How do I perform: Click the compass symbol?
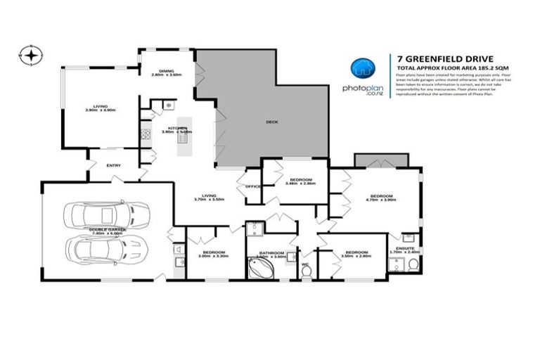pos(32,53)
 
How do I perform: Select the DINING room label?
pos(166,72)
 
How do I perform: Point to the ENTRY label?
pos(113,165)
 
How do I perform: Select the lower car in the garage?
pos(108,247)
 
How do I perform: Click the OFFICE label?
pos(253,186)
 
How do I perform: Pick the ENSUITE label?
pos(409,249)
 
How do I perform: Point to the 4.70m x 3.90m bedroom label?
pos(381,198)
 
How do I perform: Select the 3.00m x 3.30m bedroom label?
pos(213,254)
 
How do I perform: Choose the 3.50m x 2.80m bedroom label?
pos(356,254)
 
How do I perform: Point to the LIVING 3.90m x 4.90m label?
pos(99,108)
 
